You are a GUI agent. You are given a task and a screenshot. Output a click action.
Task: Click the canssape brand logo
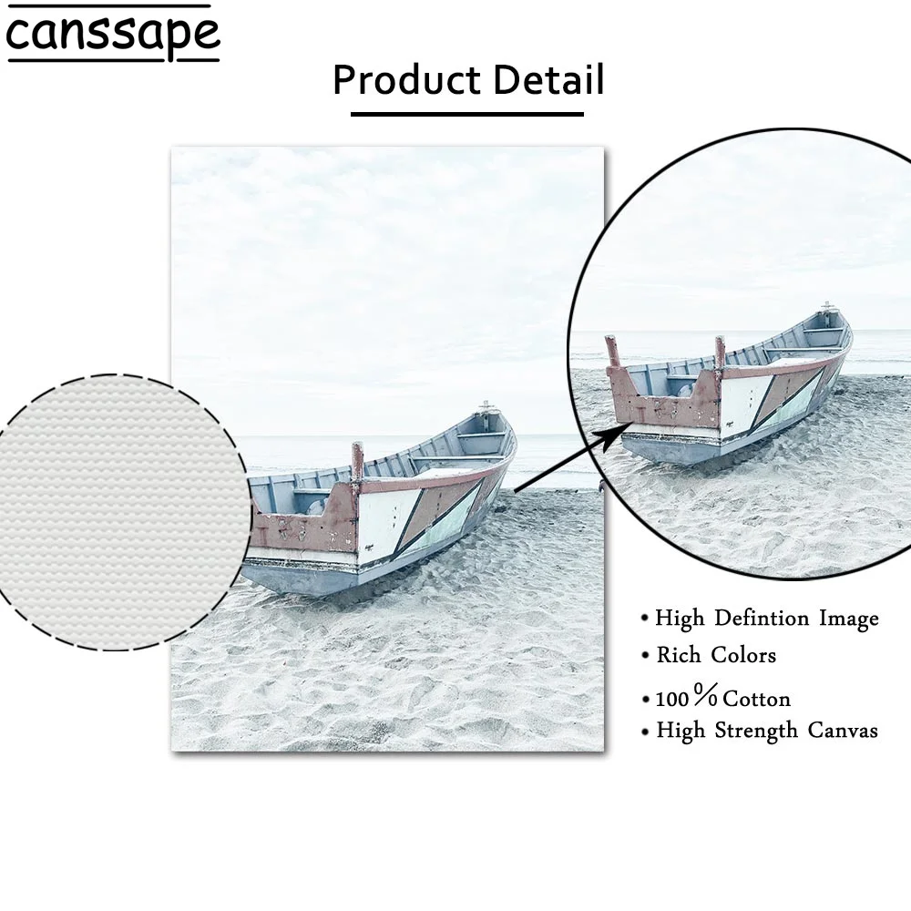pyautogui.click(x=113, y=34)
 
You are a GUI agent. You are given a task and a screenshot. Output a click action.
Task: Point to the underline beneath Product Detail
pyautogui.click(x=466, y=114)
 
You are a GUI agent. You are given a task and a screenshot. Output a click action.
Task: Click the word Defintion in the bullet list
pyautogui.click(x=761, y=619)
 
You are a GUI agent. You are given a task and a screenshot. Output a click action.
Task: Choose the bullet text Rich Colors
pyautogui.click(x=716, y=655)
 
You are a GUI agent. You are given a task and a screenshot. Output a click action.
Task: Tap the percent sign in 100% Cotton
pyautogui.click(x=705, y=697)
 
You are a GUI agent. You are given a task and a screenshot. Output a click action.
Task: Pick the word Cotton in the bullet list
pyautogui.click(x=756, y=699)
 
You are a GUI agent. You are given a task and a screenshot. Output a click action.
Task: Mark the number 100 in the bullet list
pyautogui.click(x=673, y=700)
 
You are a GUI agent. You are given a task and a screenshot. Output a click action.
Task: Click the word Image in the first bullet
pyautogui.click(x=848, y=619)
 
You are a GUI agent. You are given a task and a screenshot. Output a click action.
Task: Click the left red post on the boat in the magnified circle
pyautogui.click(x=612, y=351)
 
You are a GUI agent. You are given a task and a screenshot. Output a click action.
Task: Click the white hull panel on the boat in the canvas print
pyautogui.click(x=387, y=524)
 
